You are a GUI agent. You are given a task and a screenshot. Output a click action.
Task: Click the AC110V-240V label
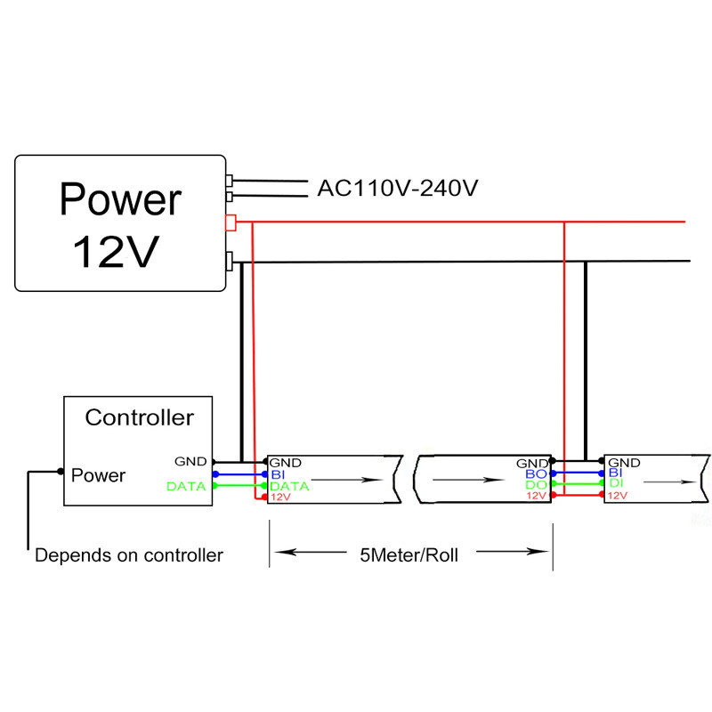click(398, 189)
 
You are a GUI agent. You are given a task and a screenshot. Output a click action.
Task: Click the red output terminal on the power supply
click(230, 222)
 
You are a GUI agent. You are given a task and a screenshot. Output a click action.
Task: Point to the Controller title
click(139, 417)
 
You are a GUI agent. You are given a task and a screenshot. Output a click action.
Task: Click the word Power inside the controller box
click(99, 475)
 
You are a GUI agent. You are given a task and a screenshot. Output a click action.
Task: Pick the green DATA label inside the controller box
click(186, 486)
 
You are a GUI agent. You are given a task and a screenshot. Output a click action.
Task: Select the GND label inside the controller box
click(190, 461)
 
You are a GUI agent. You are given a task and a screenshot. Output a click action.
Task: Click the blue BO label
click(535, 474)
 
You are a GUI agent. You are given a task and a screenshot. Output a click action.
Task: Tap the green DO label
click(535, 485)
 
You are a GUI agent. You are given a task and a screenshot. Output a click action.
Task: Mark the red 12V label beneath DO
click(536, 496)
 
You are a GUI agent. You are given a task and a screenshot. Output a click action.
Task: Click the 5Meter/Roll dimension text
click(412, 555)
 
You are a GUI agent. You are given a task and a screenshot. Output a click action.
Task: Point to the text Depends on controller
click(129, 556)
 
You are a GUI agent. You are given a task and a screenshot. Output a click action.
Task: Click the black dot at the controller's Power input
click(61, 471)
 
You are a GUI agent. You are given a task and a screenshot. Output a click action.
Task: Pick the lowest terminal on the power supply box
click(230, 261)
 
